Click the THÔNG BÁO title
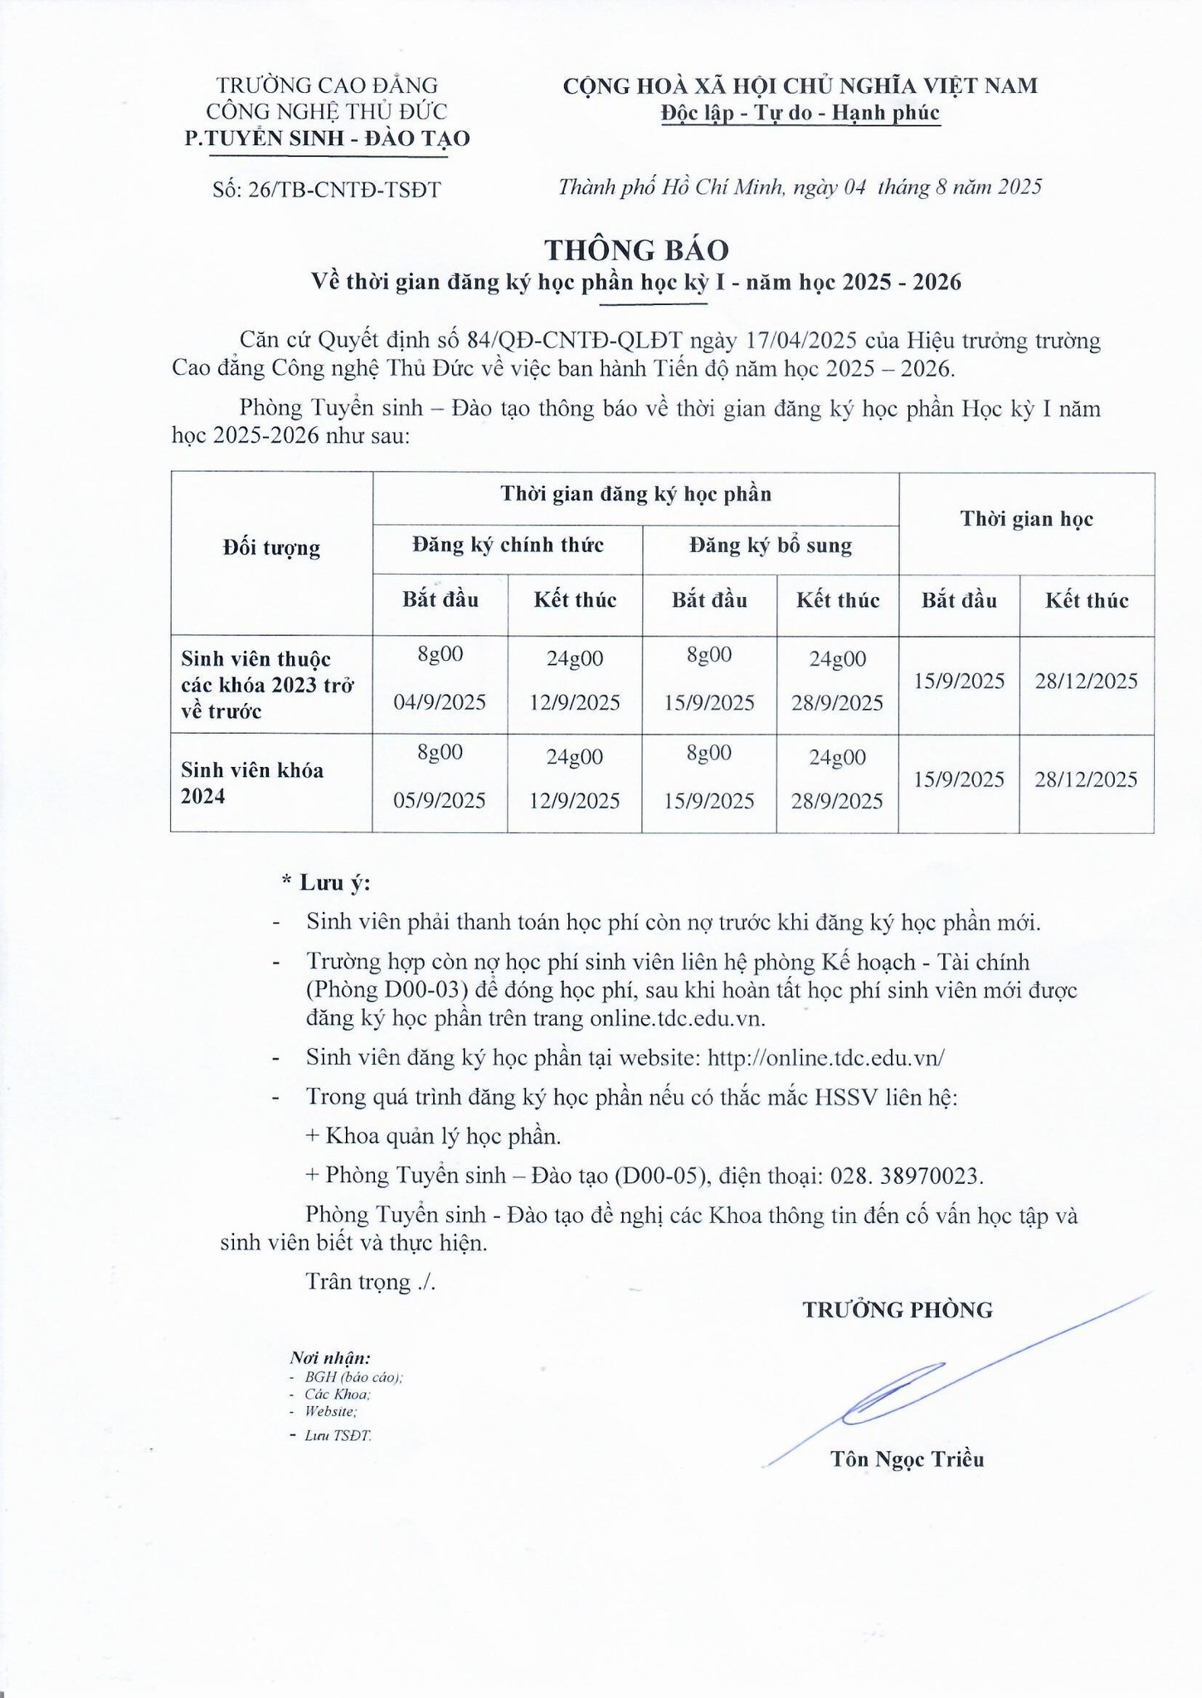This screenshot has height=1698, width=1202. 636,250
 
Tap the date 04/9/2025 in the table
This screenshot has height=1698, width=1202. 440,702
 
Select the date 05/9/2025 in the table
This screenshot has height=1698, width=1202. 440,800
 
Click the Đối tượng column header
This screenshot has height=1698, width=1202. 271,548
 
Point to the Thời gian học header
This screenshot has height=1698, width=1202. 1026,519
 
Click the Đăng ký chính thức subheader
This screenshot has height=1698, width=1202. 508,546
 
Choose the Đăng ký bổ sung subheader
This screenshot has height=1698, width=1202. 771,546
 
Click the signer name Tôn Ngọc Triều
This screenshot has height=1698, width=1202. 907,1458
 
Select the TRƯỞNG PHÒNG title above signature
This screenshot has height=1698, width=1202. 897,1310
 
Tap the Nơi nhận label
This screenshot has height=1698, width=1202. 329,1358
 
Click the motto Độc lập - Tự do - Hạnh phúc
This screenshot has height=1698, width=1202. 800,113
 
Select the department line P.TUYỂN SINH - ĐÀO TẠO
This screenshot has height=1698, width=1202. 327,138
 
